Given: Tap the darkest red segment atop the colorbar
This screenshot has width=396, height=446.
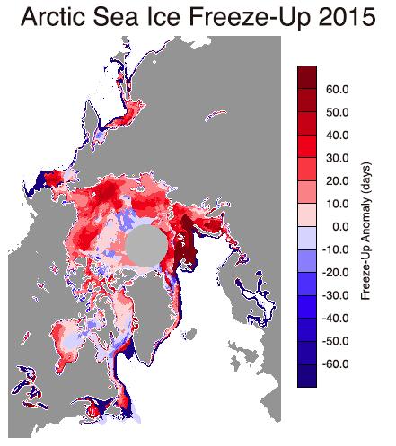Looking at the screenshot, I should (x=307, y=77).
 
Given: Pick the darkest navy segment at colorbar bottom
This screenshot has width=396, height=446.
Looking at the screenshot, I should (x=307, y=376).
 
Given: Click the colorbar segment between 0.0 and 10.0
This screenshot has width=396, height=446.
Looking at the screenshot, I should (x=307, y=215).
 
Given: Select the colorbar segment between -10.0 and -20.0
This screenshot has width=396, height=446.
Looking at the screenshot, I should (x=307, y=261).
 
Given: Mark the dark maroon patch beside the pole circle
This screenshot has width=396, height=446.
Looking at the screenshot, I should (x=188, y=245).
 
